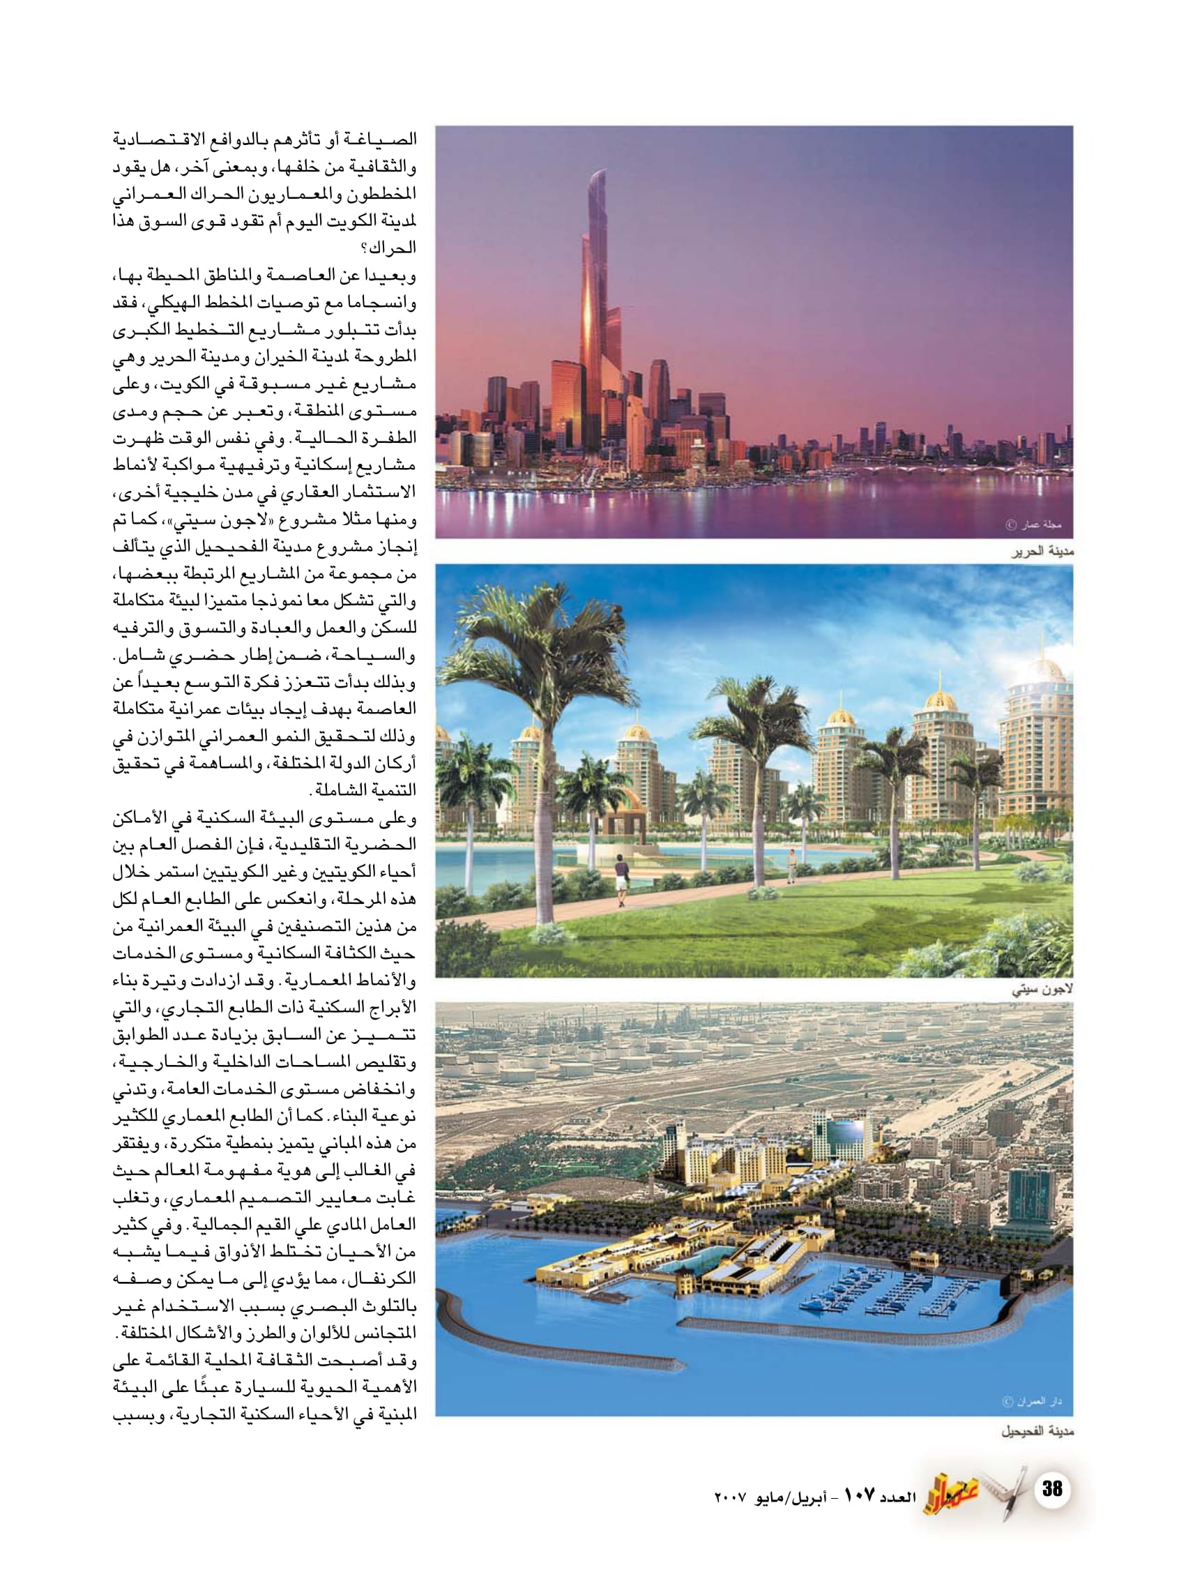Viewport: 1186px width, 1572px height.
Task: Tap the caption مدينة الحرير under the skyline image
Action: tap(1042, 552)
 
